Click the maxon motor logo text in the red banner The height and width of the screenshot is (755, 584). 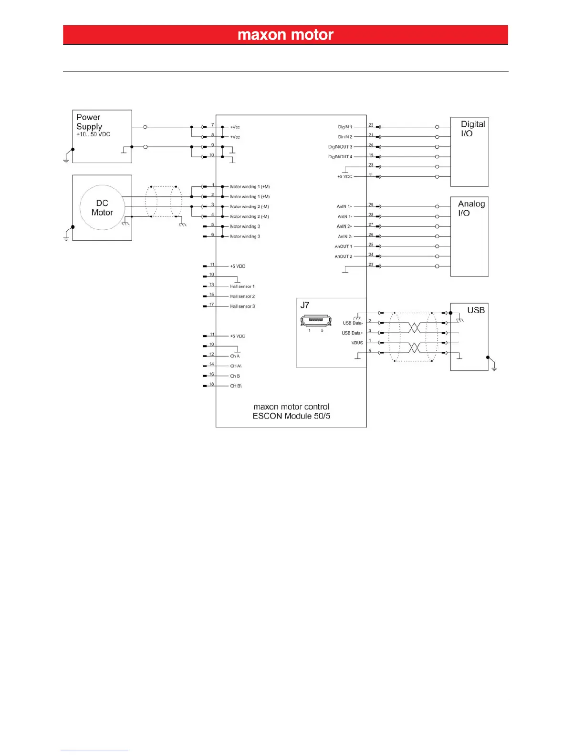coord(285,35)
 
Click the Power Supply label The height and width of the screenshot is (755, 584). coord(89,122)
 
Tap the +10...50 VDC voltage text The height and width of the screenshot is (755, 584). coord(93,134)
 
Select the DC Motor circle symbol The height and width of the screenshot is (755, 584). coord(102,208)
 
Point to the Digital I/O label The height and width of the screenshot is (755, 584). coord(472,129)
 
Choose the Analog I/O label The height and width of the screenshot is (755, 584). coord(471,208)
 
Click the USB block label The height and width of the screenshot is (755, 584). coord(476,310)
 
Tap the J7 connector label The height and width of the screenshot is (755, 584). coord(305,305)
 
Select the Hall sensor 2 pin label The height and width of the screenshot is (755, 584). coord(242,296)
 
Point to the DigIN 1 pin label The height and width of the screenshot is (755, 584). coord(345,127)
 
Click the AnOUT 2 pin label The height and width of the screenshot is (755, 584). coord(344,256)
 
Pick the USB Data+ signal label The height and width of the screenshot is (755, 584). coord(352,333)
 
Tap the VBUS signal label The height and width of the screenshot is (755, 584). coord(357,343)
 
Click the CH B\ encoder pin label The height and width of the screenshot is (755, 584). coord(236,386)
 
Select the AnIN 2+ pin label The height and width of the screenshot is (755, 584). coord(344,226)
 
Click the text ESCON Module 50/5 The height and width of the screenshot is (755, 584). coord(291,416)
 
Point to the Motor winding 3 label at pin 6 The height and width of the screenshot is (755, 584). coord(245,236)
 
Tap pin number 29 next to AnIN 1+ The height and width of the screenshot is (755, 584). coord(371,204)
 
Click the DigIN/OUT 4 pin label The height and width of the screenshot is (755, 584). coord(340,157)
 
